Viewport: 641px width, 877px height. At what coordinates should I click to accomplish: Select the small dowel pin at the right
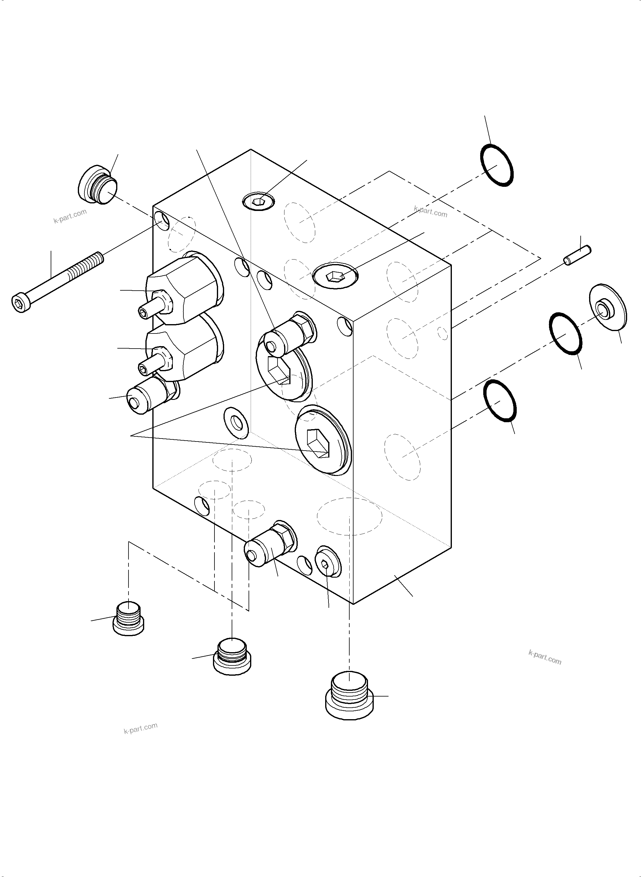click(577, 255)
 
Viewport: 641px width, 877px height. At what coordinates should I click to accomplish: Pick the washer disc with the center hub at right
click(607, 308)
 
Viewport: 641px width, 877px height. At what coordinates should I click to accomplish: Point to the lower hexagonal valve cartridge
click(182, 348)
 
